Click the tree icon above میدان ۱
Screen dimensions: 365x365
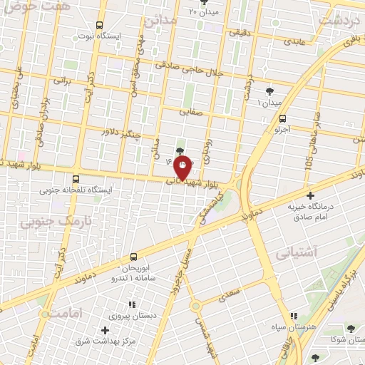tap(269, 91)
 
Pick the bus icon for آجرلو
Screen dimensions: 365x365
tap(283, 119)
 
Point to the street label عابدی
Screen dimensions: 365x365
tap(294, 41)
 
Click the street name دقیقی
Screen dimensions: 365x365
tap(238, 33)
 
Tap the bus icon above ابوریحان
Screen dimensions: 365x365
tap(133, 257)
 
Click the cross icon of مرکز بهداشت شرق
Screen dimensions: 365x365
tap(106, 330)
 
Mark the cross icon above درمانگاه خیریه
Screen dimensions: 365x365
tap(309, 195)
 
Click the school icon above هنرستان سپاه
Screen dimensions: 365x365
tap(293, 316)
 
